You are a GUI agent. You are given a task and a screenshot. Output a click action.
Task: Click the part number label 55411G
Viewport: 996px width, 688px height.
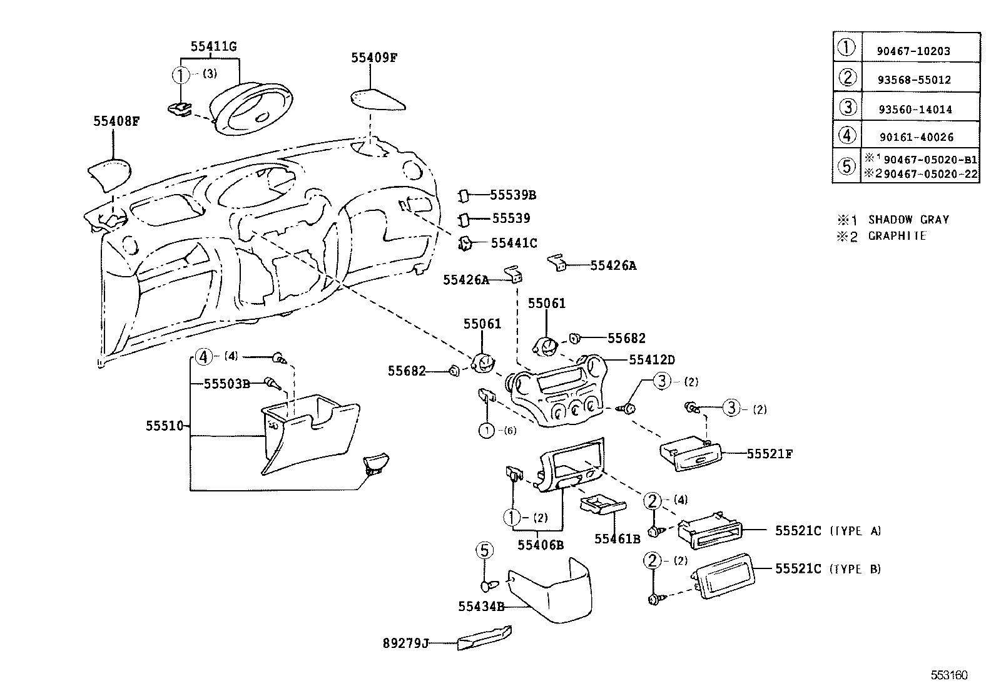[213, 46]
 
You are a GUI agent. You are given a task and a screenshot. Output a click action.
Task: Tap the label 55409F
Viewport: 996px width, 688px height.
[374, 58]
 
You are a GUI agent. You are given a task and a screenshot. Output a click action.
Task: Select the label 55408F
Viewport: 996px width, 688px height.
[116, 121]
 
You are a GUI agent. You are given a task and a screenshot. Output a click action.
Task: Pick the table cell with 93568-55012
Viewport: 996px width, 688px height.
[913, 80]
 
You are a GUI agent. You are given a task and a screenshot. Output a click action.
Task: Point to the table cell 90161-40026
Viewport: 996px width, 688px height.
[914, 137]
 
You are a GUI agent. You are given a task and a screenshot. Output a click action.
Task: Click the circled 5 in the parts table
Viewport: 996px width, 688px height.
[846, 166]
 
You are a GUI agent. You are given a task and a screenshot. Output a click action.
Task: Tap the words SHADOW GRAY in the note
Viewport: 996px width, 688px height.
[908, 220]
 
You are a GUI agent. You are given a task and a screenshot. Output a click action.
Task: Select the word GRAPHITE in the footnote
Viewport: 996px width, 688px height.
[897, 236]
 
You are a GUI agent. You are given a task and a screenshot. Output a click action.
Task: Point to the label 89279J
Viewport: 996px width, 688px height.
[405, 643]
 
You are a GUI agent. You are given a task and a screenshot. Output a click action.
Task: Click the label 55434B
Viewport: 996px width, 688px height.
[481, 606]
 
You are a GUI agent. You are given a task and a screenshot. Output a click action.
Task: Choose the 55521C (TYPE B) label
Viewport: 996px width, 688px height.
[827, 568]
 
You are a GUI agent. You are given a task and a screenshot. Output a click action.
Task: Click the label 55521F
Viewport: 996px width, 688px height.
[770, 454]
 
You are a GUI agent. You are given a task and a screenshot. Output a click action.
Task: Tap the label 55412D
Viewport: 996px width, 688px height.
[652, 360]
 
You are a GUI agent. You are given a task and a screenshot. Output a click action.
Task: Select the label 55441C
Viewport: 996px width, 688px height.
[514, 243]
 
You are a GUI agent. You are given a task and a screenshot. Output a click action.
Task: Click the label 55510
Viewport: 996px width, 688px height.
[165, 426]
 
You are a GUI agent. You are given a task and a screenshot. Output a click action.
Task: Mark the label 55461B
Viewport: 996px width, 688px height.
[617, 538]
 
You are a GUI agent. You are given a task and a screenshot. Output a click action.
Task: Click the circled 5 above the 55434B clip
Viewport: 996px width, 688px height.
[484, 550]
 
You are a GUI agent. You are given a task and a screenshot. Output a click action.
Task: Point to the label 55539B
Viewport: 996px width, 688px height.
[512, 195]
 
